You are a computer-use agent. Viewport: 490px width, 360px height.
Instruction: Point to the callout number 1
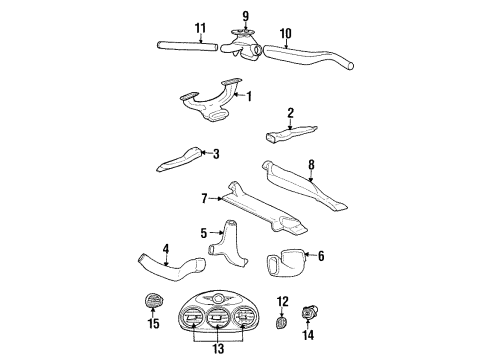(249, 97)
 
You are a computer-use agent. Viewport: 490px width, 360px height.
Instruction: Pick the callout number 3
(215, 153)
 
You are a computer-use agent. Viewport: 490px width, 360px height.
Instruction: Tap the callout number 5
(203, 233)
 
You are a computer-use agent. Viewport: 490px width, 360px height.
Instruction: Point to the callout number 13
(217, 350)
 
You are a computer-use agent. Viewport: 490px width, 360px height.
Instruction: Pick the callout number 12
(282, 301)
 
